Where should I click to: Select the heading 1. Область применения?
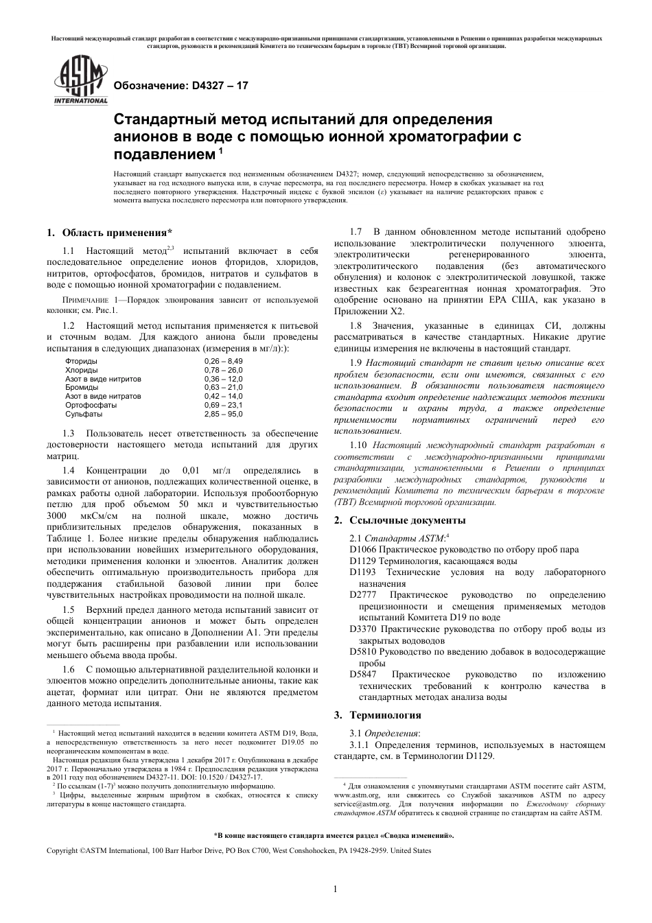click(109, 232)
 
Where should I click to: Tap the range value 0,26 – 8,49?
click(223, 361)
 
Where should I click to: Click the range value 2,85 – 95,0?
click(223, 414)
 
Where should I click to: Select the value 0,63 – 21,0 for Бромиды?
click(223, 388)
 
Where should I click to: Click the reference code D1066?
click(363, 549)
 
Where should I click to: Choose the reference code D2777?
click(363, 594)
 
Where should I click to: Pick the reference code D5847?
click(363, 674)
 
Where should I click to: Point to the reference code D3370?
click(363, 629)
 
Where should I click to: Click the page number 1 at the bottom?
click(335, 889)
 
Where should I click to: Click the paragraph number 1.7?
click(356, 232)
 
